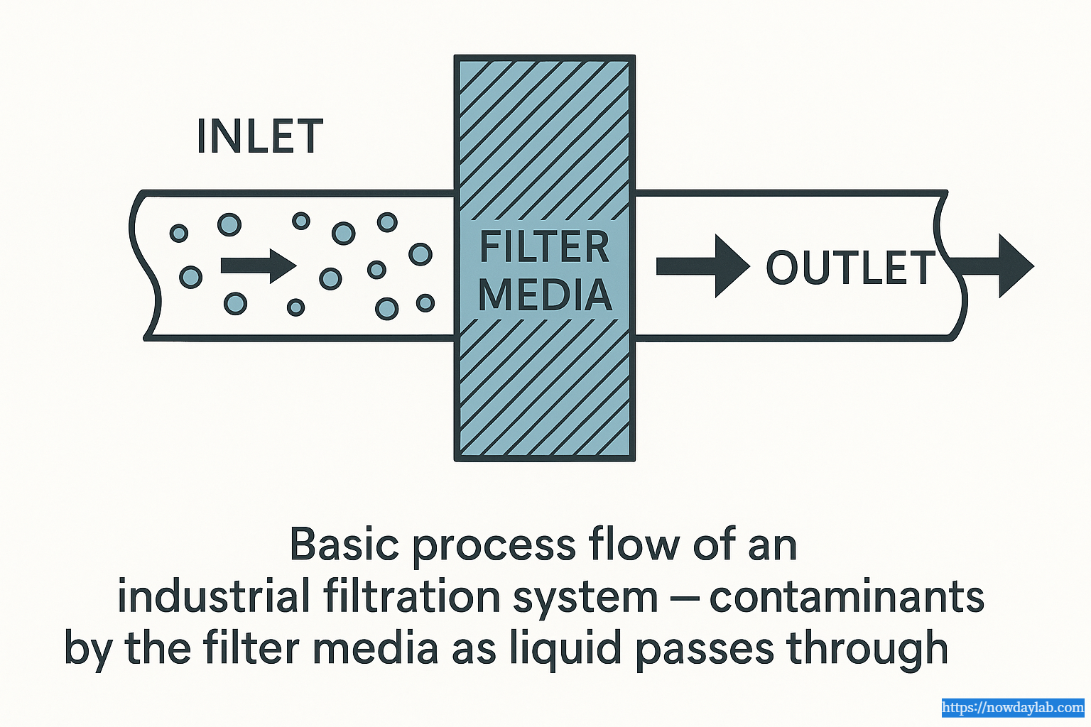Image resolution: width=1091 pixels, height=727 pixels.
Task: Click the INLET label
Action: pos(260,136)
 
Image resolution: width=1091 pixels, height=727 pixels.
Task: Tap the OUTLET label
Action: pos(851,268)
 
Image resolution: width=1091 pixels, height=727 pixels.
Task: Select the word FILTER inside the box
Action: pos(544,247)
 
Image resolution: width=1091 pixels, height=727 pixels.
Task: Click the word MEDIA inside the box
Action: pos(544,295)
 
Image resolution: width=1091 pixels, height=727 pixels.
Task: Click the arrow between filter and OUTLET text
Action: pos(702,266)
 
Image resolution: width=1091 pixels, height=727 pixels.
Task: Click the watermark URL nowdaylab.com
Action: pos(1013,708)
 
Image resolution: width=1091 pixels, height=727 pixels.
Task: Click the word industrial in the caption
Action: pos(213,596)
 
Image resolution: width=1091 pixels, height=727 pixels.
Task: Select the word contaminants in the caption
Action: pos(847,596)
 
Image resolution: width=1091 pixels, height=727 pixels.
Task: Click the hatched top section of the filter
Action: pos(544,135)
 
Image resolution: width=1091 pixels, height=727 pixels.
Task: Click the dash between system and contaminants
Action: pos(685,598)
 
